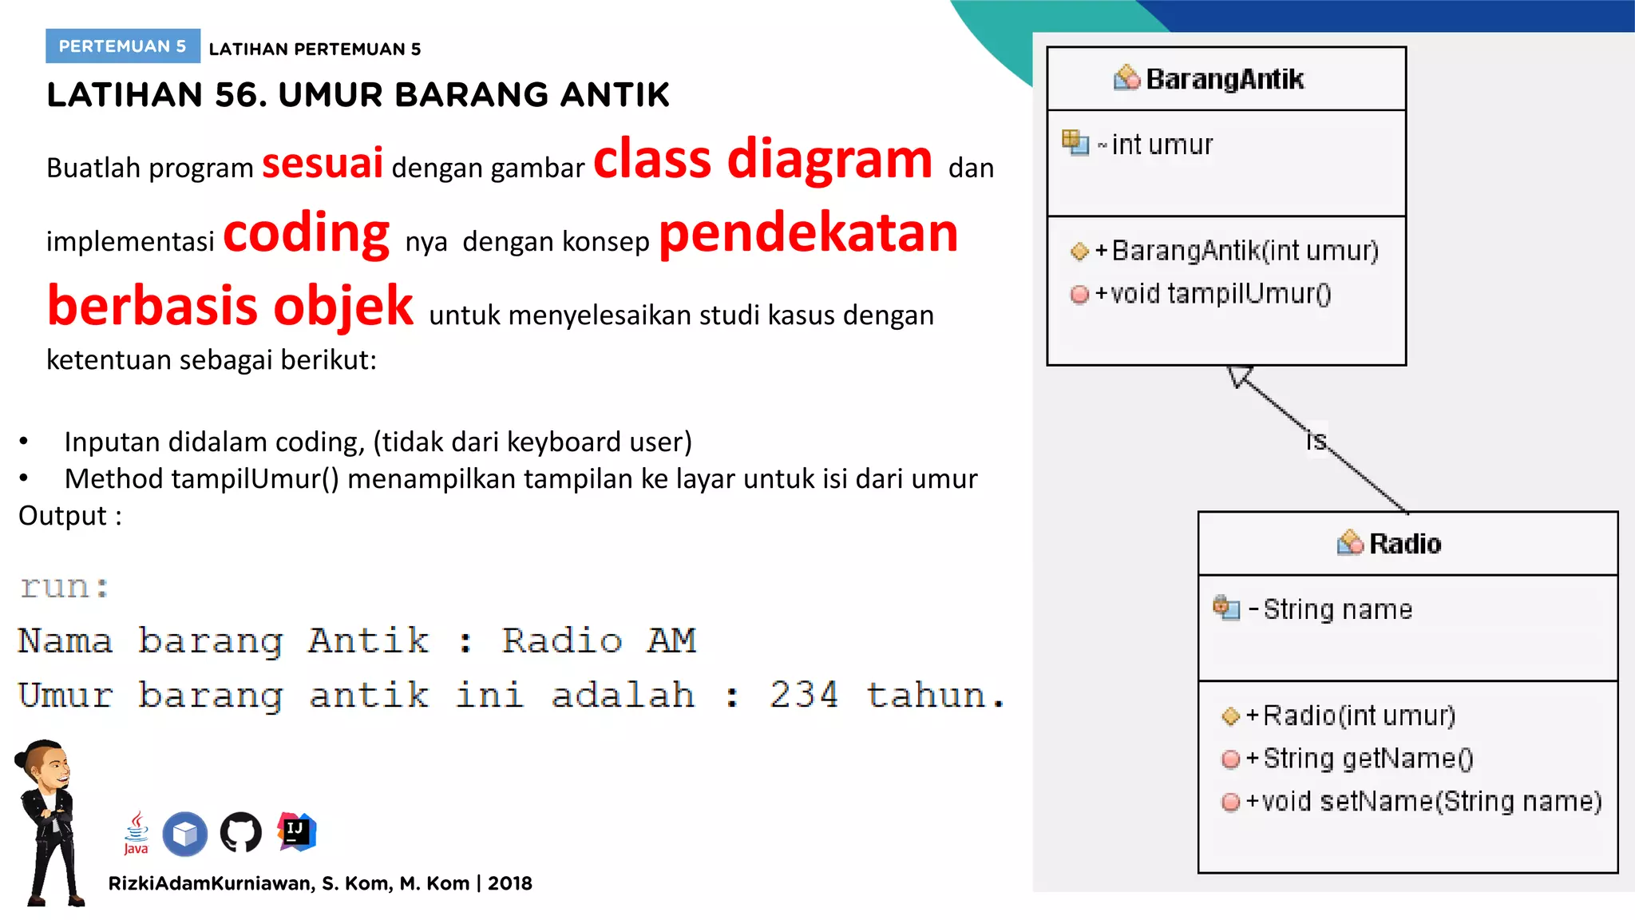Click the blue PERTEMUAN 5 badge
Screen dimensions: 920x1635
coord(122,46)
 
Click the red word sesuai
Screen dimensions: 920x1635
coord(323,163)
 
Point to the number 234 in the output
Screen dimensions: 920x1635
coord(804,695)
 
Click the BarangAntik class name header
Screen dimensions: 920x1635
coord(1225,79)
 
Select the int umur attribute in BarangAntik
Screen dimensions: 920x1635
coord(1162,145)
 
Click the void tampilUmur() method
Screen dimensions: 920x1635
coord(1220,294)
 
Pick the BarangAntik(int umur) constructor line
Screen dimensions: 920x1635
coord(1244,251)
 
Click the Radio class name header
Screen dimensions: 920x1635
coord(1404,544)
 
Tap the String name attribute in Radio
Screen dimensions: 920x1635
coord(1337,609)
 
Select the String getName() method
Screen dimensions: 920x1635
coord(1367,758)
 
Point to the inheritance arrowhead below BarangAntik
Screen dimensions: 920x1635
coord(1240,375)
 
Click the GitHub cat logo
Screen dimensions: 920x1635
coord(240,833)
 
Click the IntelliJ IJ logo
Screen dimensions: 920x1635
coord(296,832)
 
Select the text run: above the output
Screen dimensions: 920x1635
coord(65,587)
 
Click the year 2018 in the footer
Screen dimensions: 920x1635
coord(509,883)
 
